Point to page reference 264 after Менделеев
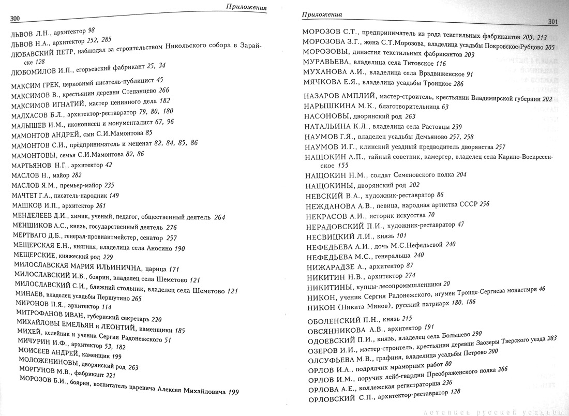click(219, 217)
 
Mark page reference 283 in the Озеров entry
click(551, 338)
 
